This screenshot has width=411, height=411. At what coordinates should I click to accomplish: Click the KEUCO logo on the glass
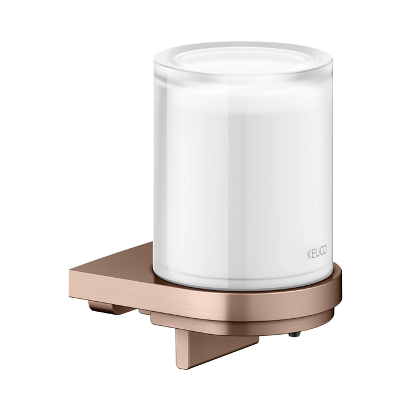coord(317,252)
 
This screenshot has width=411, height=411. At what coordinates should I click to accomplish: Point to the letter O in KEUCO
coord(325,250)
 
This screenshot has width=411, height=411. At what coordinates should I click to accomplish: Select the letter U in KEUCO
coord(316,252)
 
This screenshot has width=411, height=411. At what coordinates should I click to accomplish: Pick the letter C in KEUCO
coord(321,251)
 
